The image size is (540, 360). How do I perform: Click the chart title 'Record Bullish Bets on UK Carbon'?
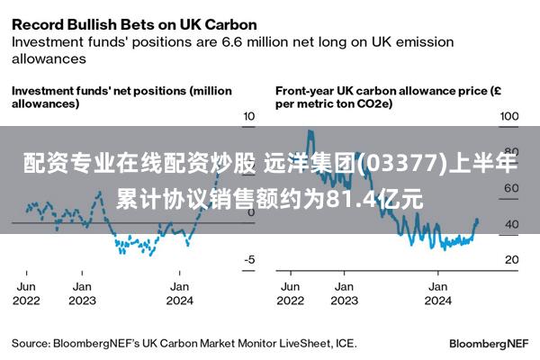click(x=134, y=25)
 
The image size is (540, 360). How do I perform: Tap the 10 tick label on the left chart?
click(x=249, y=116)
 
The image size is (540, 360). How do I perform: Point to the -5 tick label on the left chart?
click(x=249, y=259)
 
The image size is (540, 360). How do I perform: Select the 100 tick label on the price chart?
click(x=509, y=116)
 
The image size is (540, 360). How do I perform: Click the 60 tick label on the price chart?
click(x=511, y=188)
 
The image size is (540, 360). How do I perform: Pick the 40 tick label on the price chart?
click(x=512, y=224)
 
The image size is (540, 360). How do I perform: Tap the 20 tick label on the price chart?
click(x=512, y=259)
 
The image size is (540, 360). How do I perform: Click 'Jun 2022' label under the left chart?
click(x=26, y=293)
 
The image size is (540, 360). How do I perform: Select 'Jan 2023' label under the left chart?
click(x=82, y=293)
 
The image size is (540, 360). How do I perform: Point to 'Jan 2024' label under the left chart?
click(x=179, y=293)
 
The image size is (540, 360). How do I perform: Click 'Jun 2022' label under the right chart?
click(x=291, y=293)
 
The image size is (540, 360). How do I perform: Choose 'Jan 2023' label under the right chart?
click(x=345, y=293)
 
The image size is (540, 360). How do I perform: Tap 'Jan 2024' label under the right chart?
click(x=437, y=293)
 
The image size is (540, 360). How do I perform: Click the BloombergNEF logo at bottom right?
click(x=489, y=344)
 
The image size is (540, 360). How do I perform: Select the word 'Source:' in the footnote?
click(x=31, y=344)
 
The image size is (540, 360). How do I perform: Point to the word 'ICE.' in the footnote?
click(x=346, y=344)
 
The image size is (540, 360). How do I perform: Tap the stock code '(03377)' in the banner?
click(x=400, y=163)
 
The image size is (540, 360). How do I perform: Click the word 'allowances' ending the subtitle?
click(x=49, y=58)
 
